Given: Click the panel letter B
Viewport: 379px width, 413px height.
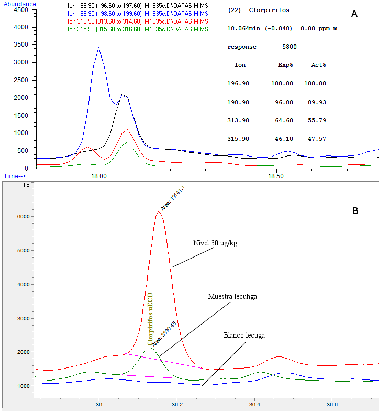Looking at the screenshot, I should [355, 211].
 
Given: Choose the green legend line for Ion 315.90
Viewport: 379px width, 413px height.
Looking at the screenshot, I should [138, 29].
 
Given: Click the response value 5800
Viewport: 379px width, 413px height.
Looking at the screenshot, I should [289, 47].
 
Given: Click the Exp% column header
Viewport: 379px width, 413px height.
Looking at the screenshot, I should [285, 65].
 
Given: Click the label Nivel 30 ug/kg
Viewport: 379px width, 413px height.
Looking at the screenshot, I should [214, 243].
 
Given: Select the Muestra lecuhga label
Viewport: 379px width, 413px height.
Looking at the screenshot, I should [232, 296].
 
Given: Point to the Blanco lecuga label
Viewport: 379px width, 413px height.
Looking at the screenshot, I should [244, 334].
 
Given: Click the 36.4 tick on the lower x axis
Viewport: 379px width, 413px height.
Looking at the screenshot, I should [254, 404].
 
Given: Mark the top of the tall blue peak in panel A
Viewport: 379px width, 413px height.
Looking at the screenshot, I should [98, 48].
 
